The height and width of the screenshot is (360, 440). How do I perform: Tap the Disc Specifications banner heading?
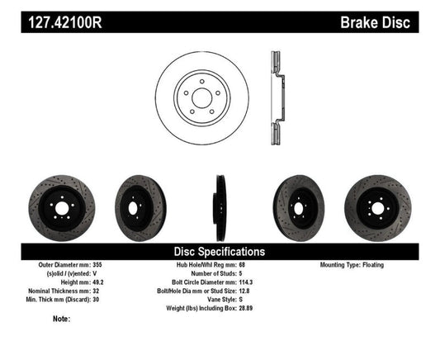pyautogui.click(x=220, y=251)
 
